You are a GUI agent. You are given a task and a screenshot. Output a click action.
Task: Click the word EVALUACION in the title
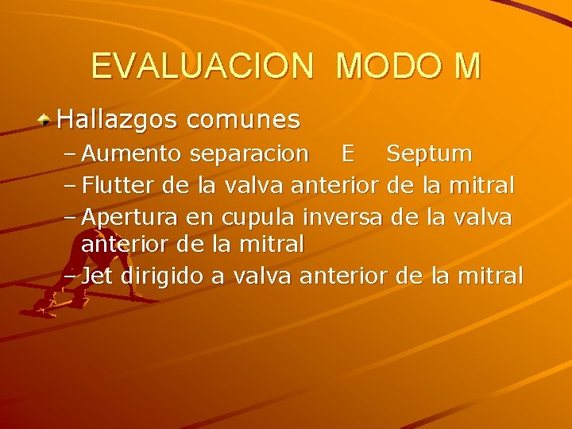point(202,67)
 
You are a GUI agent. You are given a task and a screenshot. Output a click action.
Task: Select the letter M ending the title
point(468,67)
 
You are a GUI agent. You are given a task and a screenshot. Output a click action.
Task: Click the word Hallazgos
point(118,121)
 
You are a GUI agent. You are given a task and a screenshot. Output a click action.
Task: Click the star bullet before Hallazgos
point(46,121)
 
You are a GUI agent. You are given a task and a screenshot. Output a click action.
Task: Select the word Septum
point(429,153)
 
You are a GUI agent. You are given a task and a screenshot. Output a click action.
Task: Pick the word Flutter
point(119,186)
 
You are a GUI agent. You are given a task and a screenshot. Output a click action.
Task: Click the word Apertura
point(129,217)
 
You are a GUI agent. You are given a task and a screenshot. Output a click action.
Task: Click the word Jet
point(98,276)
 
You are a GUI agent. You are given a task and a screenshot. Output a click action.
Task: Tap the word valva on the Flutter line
point(255,186)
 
